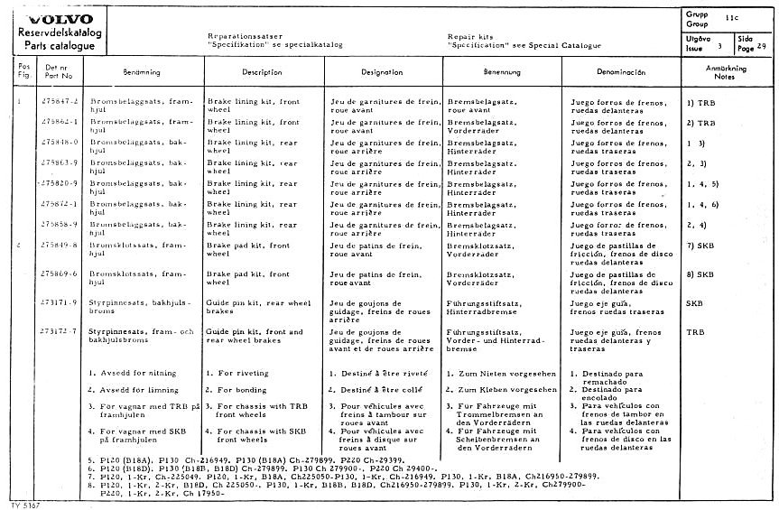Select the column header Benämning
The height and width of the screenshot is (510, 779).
click(x=142, y=71)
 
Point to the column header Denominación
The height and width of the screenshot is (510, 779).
click(x=622, y=71)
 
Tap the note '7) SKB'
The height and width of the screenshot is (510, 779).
click(x=701, y=246)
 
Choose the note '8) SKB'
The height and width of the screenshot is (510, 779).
click(x=701, y=274)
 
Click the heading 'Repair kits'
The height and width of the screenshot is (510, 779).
click(x=468, y=36)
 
